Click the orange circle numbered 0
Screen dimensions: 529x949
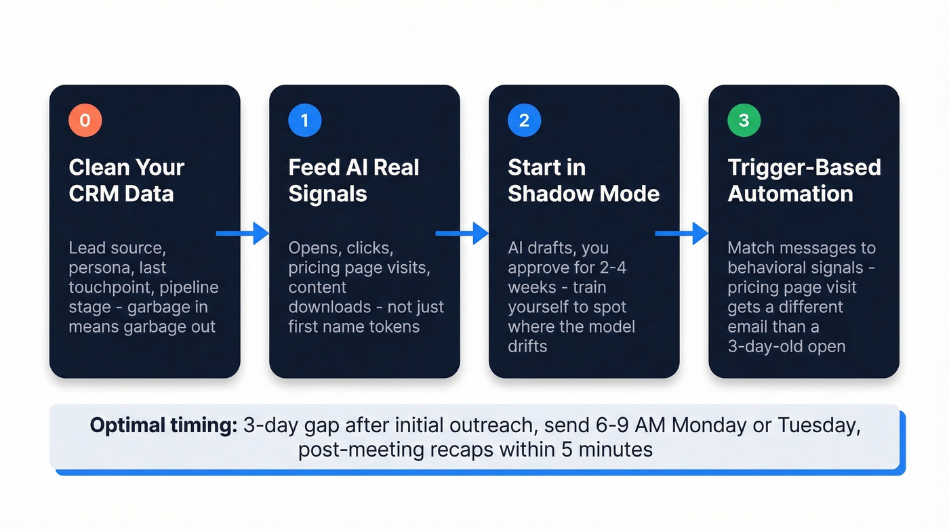[85, 121]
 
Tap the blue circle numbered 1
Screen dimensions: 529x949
[304, 121]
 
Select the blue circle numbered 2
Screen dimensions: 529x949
[524, 121]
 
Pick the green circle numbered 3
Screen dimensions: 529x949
[744, 121]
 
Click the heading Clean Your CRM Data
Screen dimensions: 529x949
[126, 180]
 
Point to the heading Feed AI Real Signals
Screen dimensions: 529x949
[353, 180]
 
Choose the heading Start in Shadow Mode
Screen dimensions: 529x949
[583, 180]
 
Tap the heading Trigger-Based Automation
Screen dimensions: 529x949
[803, 180]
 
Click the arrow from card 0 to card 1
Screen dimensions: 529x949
[242, 234]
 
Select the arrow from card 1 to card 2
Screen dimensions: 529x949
[462, 234]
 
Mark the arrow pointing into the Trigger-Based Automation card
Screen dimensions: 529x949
[681, 234]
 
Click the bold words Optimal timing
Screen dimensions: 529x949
[163, 425]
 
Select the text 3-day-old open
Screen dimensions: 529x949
[786, 346]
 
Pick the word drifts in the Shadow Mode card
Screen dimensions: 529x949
[527, 346]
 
